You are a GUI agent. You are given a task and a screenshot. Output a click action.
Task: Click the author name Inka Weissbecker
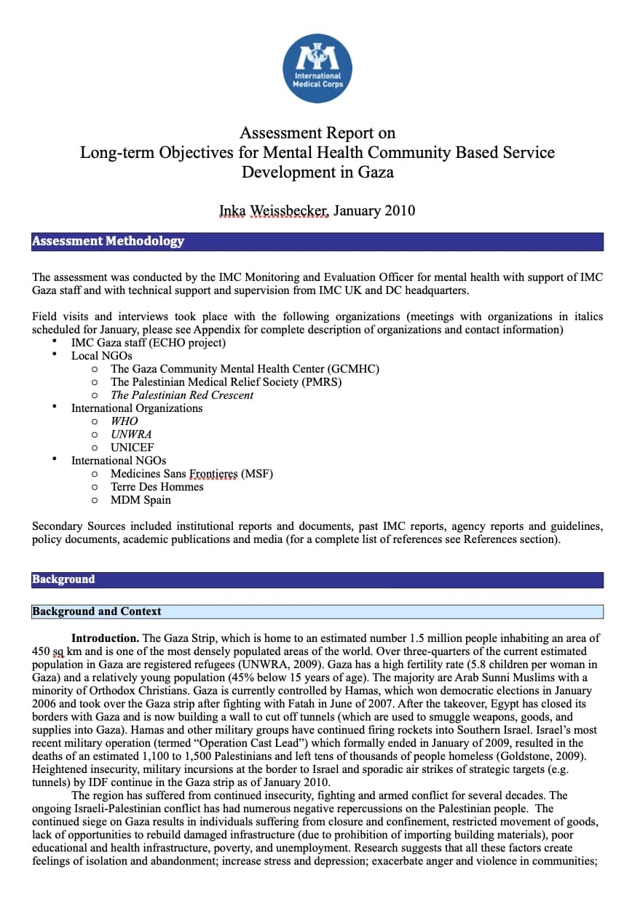point(274,211)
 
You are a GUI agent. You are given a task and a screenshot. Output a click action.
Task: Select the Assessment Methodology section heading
point(108,241)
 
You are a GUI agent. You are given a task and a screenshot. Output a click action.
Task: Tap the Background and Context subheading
point(97,611)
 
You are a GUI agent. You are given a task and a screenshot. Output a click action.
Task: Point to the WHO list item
point(124,421)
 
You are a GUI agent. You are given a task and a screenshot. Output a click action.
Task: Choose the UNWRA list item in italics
point(131,435)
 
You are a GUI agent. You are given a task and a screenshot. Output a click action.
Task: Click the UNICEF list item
point(133,448)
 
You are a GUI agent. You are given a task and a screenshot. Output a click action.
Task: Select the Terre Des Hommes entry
point(157,487)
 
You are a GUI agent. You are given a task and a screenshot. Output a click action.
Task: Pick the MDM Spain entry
point(141,500)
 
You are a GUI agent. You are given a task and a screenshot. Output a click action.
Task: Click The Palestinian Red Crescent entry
point(182,395)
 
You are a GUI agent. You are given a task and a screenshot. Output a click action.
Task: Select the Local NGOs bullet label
point(101,356)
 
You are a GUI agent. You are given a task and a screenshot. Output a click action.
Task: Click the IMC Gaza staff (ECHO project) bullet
point(148,343)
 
